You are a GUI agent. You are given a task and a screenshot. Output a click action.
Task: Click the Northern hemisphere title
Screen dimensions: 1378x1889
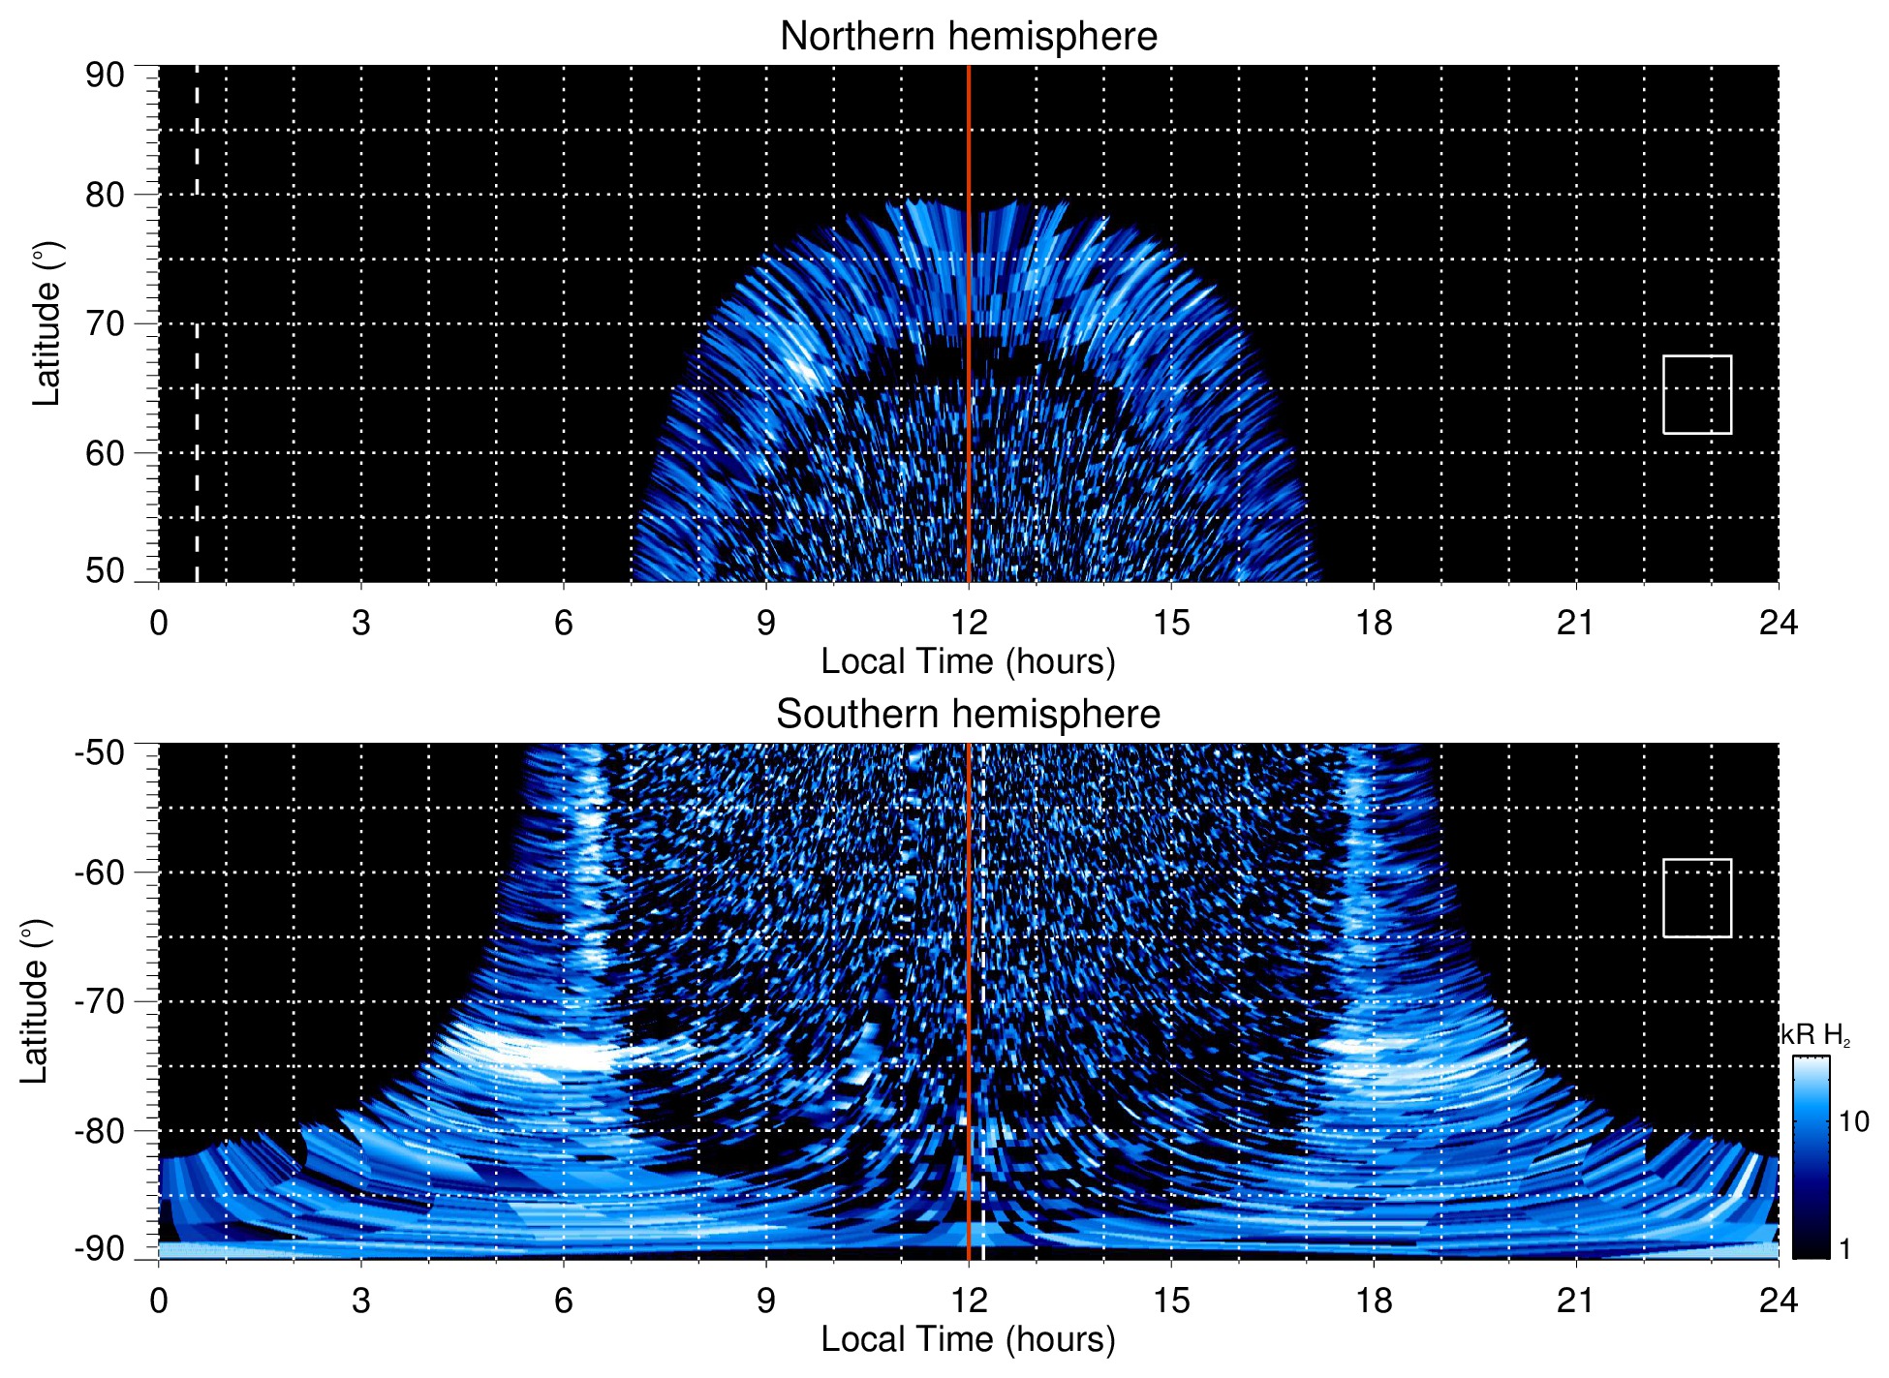[x=968, y=37]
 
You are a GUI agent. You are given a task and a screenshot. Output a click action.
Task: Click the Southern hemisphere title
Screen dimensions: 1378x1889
[x=968, y=715]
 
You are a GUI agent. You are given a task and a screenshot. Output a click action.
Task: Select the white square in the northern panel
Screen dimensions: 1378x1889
[x=1696, y=394]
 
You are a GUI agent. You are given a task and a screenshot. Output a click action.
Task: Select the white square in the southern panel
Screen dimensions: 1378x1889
[x=1696, y=898]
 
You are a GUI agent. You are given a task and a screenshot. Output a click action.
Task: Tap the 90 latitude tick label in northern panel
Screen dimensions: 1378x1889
[x=105, y=76]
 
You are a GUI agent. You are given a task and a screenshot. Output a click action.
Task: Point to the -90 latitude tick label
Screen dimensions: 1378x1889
[x=100, y=1249]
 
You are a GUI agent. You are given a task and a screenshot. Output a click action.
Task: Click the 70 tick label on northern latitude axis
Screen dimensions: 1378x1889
[x=105, y=323]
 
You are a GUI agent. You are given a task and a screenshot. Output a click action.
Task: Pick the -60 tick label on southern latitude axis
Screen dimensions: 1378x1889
[x=100, y=873]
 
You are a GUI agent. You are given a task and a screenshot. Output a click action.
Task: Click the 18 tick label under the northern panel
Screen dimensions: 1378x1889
[x=1373, y=623]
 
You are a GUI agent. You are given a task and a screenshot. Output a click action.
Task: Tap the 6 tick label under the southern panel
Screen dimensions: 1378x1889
[x=563, y=1301]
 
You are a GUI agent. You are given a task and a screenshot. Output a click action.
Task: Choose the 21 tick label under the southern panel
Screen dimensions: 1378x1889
[x=1575, y=1301]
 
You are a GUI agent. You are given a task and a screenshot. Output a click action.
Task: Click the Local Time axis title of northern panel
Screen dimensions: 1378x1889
[x=968, y=662]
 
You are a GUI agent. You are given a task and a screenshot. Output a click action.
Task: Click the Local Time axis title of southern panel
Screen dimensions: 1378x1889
[x=968, y=1340]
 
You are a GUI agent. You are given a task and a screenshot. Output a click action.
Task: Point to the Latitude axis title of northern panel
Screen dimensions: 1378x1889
[x=46, y=323]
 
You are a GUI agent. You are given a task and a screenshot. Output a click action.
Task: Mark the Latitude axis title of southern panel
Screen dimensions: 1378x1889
[x=35, y=1001]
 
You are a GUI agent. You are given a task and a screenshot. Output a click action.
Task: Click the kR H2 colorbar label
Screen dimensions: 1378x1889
[x=1815, y=1035]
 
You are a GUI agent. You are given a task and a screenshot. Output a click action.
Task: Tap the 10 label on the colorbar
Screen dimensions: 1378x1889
[x=1853, y=1122]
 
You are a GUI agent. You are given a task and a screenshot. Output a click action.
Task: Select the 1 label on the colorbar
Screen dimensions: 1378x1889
[x=1844, y=1249]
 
